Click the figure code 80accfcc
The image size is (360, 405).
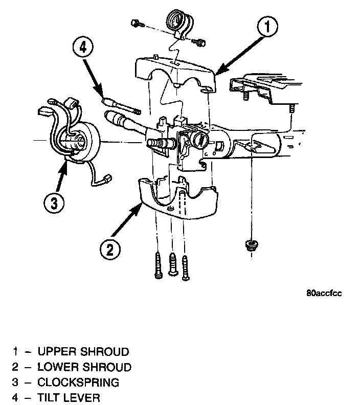324,293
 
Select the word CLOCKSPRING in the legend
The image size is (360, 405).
78,382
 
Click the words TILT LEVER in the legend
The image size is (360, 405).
69,397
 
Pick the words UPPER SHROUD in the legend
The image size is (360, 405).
83,352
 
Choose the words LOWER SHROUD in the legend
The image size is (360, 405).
84,367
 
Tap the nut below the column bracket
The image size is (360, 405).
250,244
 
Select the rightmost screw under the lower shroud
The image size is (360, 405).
186,266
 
